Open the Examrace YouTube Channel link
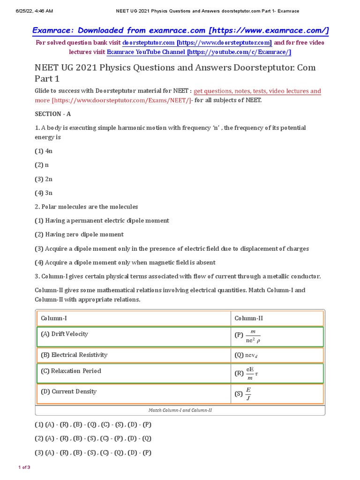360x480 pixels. [x=199, y=52]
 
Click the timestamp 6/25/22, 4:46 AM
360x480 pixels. [x=28, y=11]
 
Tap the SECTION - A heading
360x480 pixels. [x=53, y=114]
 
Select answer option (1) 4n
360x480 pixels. [x=44, y=151]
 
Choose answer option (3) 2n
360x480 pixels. [x=44, y=179]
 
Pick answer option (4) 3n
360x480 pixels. [x=44, y=193]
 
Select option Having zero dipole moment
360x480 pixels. [x=79, y=234]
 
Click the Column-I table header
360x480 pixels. [x=54, y=318]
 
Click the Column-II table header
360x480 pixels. [x=249, y=318]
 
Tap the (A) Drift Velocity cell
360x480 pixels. [x=65, y=334]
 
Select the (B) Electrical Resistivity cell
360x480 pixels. [x=74, y=355]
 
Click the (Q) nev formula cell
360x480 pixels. [x=247, y=355]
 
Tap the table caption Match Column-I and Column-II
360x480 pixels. [x=180, y=410]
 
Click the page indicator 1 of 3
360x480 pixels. [x=24, y=467]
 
